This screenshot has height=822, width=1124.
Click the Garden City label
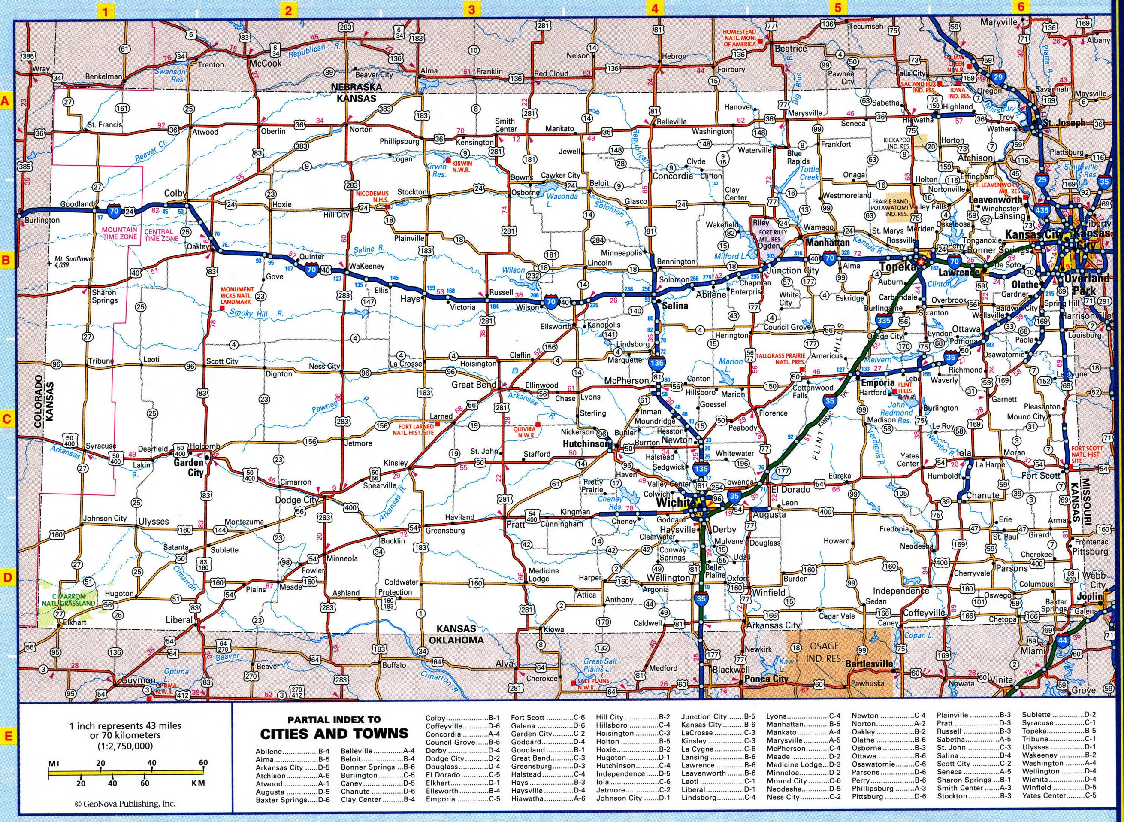[x=188, y=467]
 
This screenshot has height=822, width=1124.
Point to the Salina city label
[x=674, y=306]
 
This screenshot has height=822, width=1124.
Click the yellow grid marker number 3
[x=471, y=9]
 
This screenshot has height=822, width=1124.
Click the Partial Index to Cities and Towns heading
[x=334, y=728]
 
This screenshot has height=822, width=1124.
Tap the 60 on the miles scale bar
[x=202, y=763]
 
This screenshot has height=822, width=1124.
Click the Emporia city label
[x=878, y=383]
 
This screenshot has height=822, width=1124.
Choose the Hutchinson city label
[x=585, y=443]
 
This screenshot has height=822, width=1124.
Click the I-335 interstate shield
[x=883, y=321]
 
